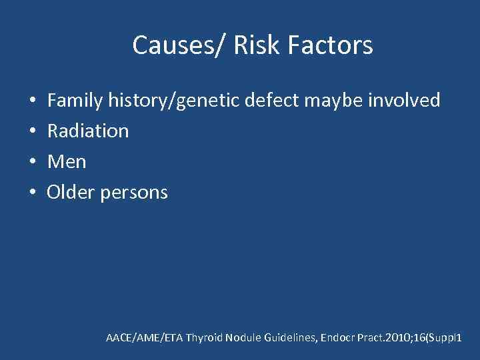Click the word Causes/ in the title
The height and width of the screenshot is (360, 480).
[x=169, y=45]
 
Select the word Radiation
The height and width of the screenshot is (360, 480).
[x=88, y=131]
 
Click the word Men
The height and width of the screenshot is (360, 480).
[x=67, y=162]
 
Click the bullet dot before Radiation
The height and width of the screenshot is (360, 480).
[x=33, y=132]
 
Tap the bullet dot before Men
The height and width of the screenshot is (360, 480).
[x=33, y=163]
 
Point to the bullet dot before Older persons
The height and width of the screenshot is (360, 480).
[x=33, y=193]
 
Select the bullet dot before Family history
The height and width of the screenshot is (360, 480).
[x=33, y=101]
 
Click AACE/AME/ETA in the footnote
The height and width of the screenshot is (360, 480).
[x=144, y=339]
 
